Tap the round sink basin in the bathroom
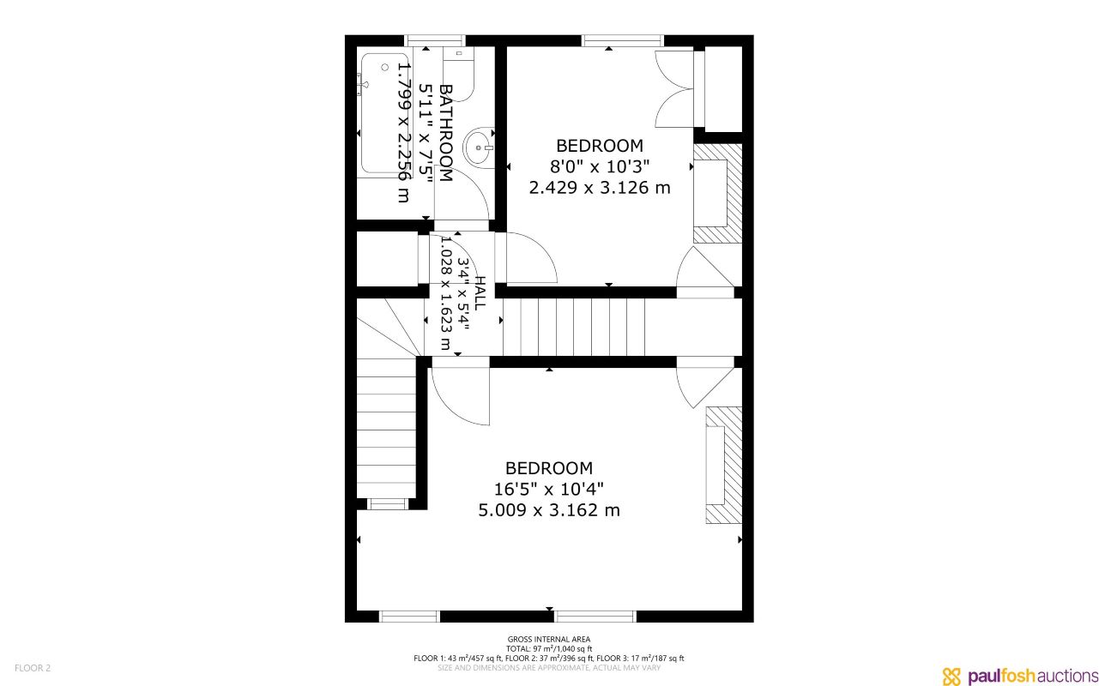pyautogui.click(x=479, y=147)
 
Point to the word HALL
pyautogui.click(x=480, y=293)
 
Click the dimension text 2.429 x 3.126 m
pyautogui.click(x=599, y=187)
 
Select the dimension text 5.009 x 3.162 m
pyautogui.click(x=549, y=510)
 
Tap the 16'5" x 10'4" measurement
pyautogui.click(x=549, y=489)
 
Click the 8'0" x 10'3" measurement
pyautogui.click(x=599, y=166)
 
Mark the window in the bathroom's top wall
pyautogui.click(x=435, y=40)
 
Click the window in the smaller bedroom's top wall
pyautogui.click(x=623, y=40)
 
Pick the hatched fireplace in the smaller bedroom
pyautogui.click(x=717, y=193)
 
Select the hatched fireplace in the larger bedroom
pyautogui.click(x=724, y=464)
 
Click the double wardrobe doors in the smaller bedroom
pyautogui.click(x=674, y=88)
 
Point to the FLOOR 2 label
pyautogui.click(x=33, y=668)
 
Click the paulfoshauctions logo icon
pyautogui.click(x=952, y=676)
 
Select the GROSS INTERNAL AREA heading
pyautogui.click(x=548, y=639)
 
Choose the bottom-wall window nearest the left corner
pyautogui.click(x=409, y=616)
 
